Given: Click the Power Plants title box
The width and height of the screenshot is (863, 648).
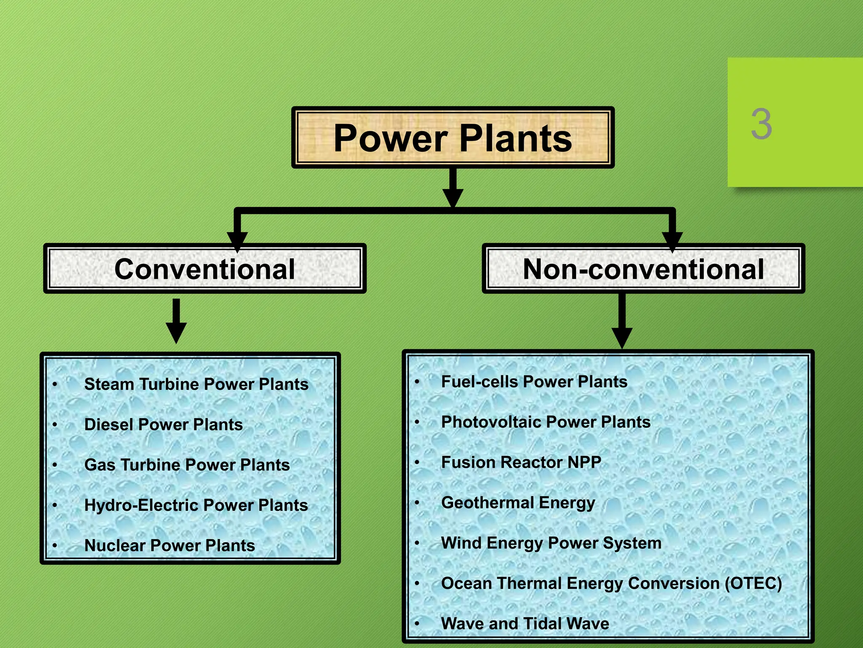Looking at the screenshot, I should click(453, 138).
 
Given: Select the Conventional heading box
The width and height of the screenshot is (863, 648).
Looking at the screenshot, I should click(205, 269).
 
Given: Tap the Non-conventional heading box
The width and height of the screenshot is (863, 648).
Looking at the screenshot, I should click(643, 269).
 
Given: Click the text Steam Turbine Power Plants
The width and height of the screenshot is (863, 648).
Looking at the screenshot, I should click(196, 384).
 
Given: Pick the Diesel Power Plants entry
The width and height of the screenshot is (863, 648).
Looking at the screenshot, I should click(163, 424).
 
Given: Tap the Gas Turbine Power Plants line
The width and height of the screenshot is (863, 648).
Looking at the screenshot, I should click(187, 465).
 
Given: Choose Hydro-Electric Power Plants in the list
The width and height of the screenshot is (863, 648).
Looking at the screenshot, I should click(196, 505).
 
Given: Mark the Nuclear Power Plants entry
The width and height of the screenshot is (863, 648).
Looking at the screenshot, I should click(169, 545).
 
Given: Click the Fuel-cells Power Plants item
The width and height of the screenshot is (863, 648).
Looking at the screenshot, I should click(534, 382).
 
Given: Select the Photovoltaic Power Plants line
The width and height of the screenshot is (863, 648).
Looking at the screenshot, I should click(546, 422).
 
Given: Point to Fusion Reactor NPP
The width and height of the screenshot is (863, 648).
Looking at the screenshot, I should click(521, 462).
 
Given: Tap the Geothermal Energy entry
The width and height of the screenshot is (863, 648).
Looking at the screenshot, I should click(518, 503).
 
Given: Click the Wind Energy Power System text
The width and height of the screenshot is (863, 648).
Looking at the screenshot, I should click(551, 543).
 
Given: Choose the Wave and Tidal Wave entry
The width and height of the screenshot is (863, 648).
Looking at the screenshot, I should click(525, 624).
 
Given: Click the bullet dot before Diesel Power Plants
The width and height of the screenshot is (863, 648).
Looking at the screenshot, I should click(55, 425).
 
